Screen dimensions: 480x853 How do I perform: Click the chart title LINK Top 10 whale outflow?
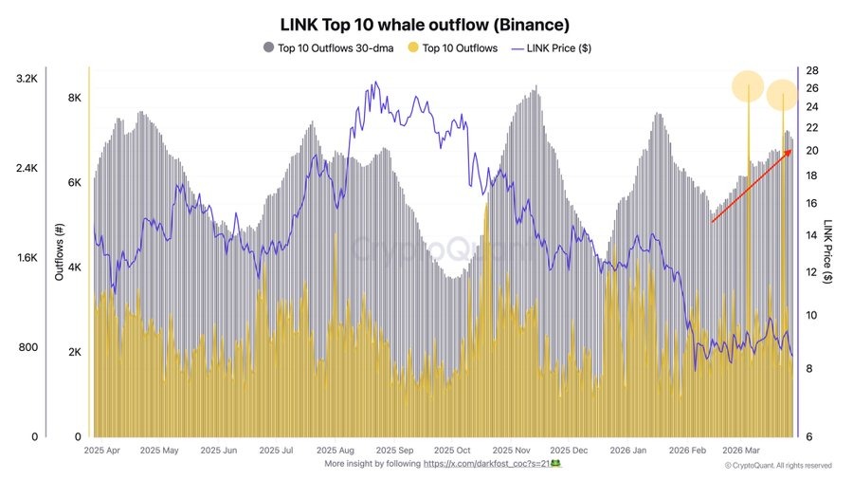tap(425, 22)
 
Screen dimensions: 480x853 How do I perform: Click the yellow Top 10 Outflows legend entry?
tap(452, 47)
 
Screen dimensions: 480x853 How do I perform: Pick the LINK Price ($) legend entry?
tap(552, 47)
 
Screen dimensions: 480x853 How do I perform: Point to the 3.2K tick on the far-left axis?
tap(27, 78)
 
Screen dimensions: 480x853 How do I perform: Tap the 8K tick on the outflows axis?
tap(73, 99)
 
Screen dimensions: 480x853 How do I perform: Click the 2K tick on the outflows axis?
tap(73, 352)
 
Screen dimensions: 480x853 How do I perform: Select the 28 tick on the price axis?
tap(812, 71)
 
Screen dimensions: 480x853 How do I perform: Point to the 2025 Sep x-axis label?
tap(391, 451)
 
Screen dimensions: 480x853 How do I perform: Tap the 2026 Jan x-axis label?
tap(628, 451)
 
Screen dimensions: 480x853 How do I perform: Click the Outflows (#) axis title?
tap(59, 257)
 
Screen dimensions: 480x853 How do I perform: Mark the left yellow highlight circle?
tap(749, 87)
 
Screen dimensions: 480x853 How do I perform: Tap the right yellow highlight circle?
tap(783, 95)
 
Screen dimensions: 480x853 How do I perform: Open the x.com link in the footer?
tap(487, 464)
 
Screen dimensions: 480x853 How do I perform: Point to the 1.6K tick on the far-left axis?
tap(27, 257)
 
